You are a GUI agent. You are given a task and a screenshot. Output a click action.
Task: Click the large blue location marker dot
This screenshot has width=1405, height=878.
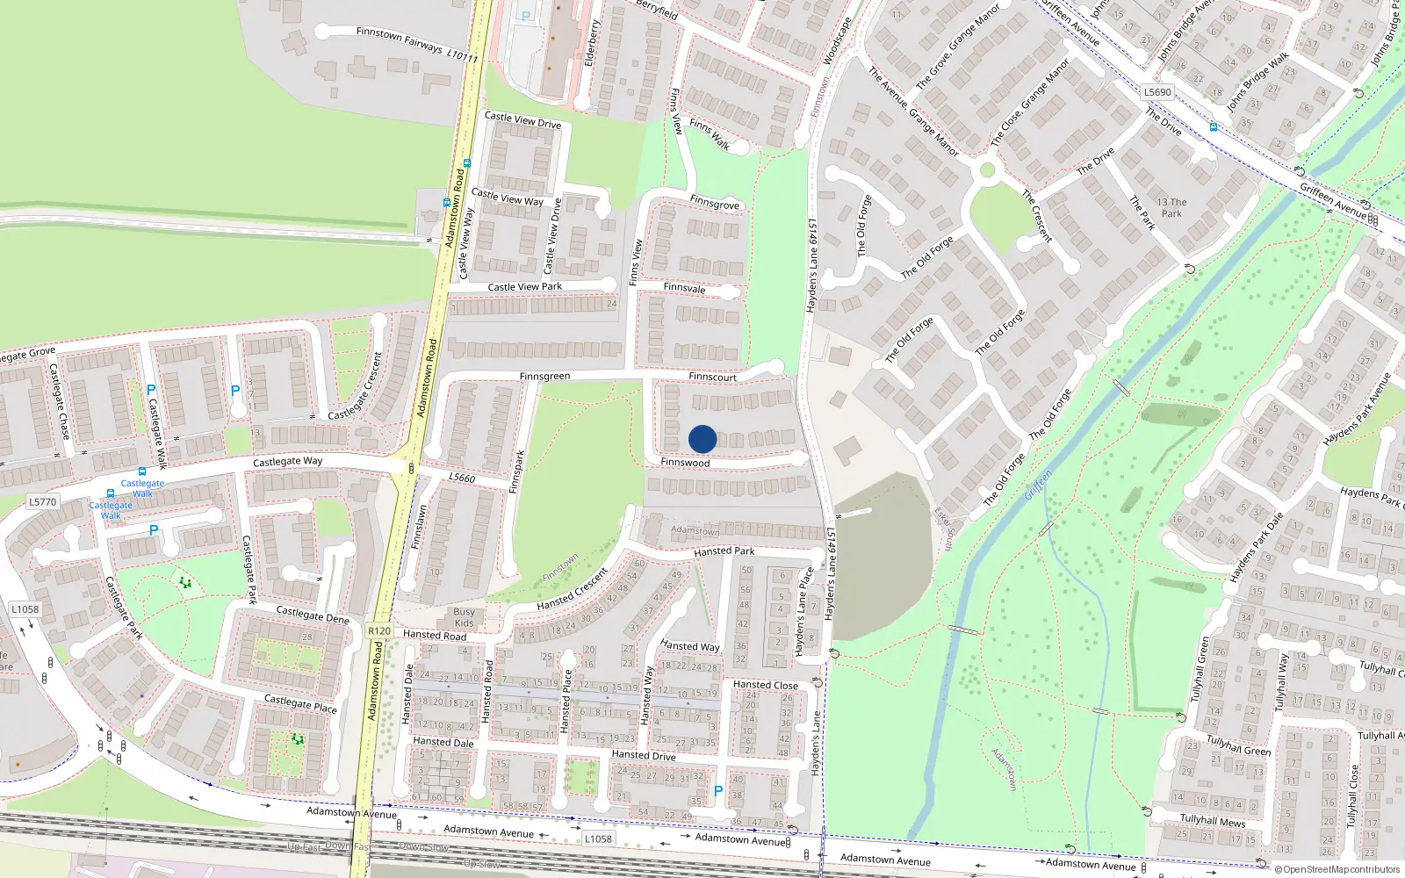pos(702,439)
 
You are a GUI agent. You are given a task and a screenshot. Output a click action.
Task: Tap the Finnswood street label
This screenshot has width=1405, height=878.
pos(685,463)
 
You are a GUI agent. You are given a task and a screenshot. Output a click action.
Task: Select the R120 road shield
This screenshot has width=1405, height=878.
pos(379,630)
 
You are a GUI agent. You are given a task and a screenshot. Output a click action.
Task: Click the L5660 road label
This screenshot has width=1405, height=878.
pos(462,478)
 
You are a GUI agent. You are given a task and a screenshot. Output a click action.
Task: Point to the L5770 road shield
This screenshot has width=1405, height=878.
pos(42,502)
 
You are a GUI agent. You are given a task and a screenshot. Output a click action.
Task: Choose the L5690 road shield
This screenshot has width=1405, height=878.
pos(1157,92)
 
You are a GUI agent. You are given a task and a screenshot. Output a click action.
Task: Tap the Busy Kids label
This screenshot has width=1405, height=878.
pos(464,617)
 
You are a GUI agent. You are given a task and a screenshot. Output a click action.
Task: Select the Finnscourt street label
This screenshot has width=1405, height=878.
pos(712,377)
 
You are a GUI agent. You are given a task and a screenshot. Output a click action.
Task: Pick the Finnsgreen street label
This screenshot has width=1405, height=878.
pos(544,377)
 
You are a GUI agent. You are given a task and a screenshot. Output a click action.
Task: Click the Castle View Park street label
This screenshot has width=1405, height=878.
pos(524,287)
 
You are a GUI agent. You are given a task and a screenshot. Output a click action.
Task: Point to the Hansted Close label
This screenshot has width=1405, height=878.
pos(766,685)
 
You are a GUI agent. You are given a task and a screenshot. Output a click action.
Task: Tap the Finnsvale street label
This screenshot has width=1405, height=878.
pos(684,288)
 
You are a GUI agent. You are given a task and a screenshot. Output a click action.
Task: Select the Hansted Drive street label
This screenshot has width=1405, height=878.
pos(644,755)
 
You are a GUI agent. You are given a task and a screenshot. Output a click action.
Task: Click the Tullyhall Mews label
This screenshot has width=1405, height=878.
pos(1213,821)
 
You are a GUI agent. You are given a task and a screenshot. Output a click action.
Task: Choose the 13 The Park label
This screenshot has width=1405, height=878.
pos(1171,207)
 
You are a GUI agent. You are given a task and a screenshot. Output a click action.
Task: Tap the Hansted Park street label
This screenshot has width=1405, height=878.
pos(724,551)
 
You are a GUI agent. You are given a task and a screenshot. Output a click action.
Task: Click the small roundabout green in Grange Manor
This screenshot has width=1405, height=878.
pos(987,169)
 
